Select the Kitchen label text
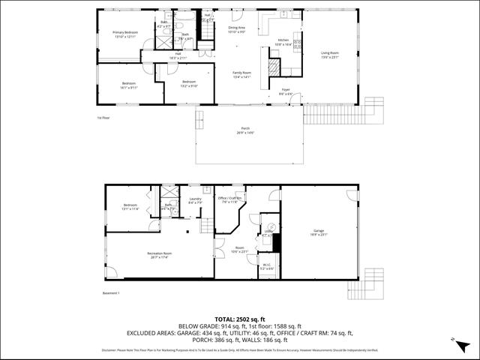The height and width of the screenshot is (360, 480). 283,40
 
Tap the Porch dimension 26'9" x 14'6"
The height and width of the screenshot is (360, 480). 244,133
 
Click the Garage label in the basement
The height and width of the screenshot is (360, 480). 319,232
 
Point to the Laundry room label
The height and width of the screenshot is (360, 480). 195,200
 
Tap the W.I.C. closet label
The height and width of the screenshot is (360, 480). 268,265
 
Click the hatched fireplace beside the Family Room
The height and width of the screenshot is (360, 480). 274,68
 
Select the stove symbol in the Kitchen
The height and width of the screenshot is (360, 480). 297,42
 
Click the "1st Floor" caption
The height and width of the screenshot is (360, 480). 103,118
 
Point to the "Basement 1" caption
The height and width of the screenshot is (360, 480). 111,292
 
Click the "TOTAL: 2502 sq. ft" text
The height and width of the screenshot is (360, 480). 239,319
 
